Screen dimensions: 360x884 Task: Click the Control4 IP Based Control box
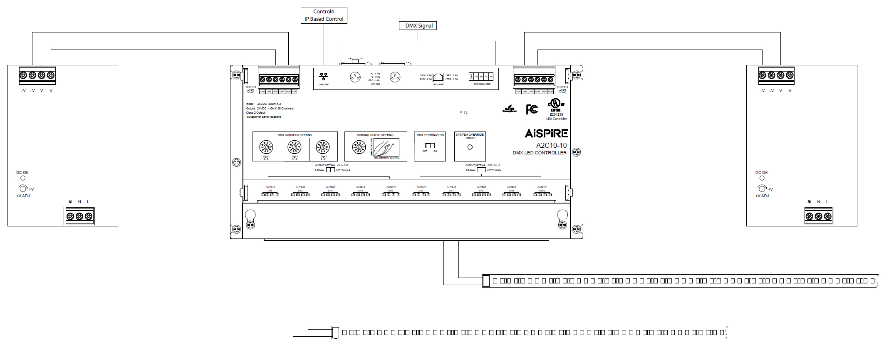point(324,15)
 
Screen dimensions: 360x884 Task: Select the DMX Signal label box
point(418,26)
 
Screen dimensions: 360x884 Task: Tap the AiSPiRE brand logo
point(546,134)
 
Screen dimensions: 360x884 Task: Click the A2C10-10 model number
point(551,145)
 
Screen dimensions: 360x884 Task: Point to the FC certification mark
point(532,109)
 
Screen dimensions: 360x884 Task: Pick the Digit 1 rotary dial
point(266,147)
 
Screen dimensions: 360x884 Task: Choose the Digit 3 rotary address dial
point(323,147)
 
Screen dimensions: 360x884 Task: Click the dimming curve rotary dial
point(359,147)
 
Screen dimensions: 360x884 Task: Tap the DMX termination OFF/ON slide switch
point(430,146)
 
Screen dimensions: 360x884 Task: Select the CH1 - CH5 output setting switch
point(330,170)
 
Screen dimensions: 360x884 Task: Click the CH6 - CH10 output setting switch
point(481,170)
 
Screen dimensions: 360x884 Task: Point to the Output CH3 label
point(330,189)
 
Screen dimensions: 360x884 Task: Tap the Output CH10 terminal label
point(542,189)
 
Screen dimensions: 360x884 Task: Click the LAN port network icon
point(323,77)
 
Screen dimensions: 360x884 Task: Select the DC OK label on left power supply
point(22,172)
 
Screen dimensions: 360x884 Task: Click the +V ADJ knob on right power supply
point(762,189)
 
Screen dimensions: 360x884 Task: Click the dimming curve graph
point(386,148)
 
